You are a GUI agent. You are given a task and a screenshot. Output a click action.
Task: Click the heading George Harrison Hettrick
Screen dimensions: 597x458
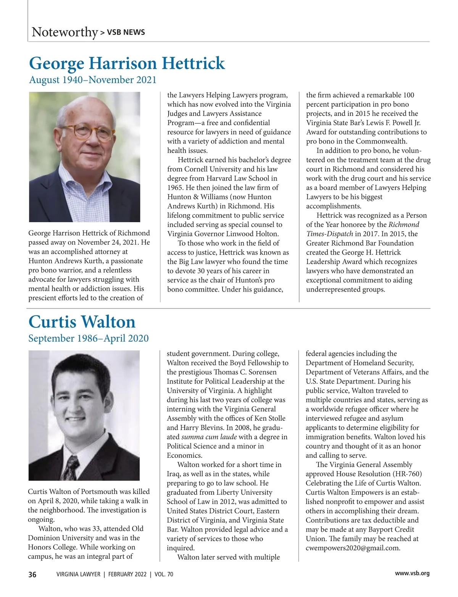(x=127, y=63)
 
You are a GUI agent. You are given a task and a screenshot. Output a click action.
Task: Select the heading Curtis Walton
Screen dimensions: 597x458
(x=82, y=322)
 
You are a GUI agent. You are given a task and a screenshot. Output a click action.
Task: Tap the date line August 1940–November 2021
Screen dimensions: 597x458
(x=93, y=80)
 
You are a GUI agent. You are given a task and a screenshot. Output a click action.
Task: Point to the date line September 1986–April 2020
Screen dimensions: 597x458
(x=88, y=339)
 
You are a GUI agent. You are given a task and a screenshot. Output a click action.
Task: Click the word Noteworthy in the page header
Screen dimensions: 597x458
(x=65, y=32)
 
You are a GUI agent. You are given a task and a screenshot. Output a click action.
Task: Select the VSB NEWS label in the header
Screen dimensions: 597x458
(x=126, y=32)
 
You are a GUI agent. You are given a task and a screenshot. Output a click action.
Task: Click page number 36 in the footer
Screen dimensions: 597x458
(x=32, y=574)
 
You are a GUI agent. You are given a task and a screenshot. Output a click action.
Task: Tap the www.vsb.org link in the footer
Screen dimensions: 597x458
(x=412, y=573)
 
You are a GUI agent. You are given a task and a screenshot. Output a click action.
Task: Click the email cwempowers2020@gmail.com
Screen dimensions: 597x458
(x=353, y=548)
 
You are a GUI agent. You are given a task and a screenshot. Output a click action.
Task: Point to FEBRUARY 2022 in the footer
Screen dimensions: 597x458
(x=127, y=574)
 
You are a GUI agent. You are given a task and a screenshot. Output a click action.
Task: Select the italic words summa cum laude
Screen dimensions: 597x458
(x=209, y=437)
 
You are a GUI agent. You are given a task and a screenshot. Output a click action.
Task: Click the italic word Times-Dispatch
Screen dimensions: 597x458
(x=329, y=234)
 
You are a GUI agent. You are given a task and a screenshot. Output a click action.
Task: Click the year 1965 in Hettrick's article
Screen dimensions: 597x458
(x=175, y=188)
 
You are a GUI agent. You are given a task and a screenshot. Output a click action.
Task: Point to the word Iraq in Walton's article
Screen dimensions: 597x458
(x=174, y=474)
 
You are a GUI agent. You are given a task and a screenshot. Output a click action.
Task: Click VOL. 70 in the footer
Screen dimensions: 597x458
(x=164, y=574)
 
